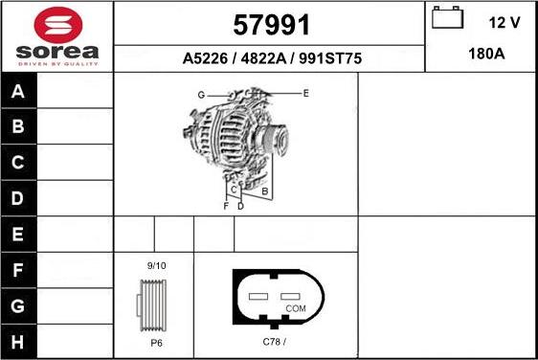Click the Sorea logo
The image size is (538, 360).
pyautogui.click(x=57, y=35)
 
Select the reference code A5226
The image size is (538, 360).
pyautogui.click(x=204, y=59)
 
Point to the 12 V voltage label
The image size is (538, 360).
pyautogui.click(x=504, y=22)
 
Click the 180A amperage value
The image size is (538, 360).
pyautogui.click(x=481, y=55)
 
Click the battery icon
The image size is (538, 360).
pyautogui.click(x=447, y=19)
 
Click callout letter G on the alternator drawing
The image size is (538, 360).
pyautogui.click(x=202, y=95)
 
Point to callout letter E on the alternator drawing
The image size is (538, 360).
pyautogui.click(x=305, y=93)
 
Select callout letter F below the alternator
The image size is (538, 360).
pyautogui.click(x=226, y=206)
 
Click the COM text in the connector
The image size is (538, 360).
pyautogui.click(x=296, y=308)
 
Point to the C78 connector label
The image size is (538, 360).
pyautogui.click(x=275, y=341)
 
